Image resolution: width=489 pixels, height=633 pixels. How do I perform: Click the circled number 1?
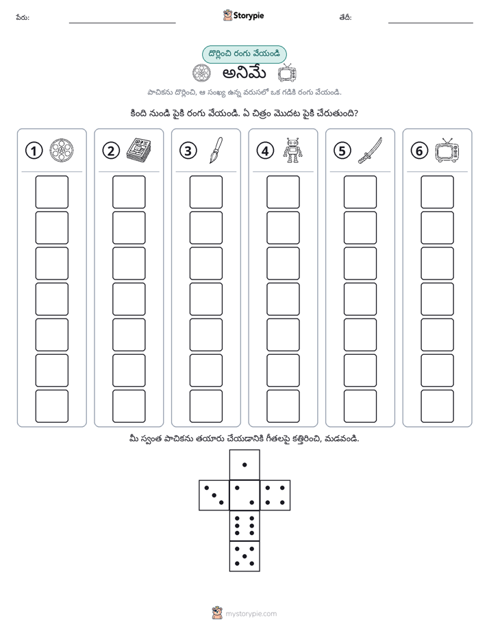tap(34, 151)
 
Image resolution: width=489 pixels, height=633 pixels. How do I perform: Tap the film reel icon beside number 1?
tap(62, 150)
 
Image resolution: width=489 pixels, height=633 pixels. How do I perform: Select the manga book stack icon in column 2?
tap(139, 151)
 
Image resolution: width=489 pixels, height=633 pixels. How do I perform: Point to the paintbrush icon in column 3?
tap(216, 151)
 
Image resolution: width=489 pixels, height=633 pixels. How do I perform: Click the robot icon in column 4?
tap(292, 150)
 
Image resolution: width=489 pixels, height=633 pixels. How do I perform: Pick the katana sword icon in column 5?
tap(370, 151)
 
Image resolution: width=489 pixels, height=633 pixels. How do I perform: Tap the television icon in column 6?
tap(447, 150)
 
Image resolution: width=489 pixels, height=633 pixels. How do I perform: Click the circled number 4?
tap(265, 151)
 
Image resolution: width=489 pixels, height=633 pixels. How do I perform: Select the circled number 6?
tap(419, 151)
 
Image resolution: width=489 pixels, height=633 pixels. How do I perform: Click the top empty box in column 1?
tap(51, 192)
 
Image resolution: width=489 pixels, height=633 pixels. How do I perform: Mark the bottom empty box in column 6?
tap(438, 406)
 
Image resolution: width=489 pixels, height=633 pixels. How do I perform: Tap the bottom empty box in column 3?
tap(206, 406)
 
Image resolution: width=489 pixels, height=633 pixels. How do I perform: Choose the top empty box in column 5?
tap(360, 192)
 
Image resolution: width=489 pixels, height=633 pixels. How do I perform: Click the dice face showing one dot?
tap(244, 464)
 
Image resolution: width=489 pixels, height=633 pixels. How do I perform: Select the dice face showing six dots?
tap(244, 525)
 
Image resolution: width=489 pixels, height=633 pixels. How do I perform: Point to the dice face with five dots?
tap(244, 556)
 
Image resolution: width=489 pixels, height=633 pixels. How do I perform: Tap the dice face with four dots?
tap(275, 495)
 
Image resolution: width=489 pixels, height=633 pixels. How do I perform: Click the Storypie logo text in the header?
tap(249, 16)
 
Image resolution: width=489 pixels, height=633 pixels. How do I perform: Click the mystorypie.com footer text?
tap(251, 614)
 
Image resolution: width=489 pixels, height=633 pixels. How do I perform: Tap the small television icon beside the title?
tap(287, 73)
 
